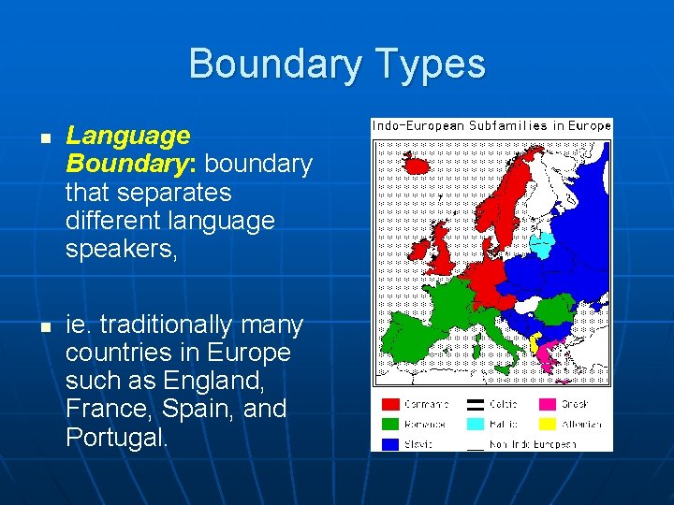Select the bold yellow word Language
tap(127, 137)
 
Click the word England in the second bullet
tap(212, 382)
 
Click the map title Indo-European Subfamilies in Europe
tap(491, 125)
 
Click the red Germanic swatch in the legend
tap(390, 405)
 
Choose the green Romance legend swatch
tap(390, 425)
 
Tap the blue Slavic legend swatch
tap(390, 444)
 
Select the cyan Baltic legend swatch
tap(476, 425)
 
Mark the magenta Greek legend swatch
tap(547, 405)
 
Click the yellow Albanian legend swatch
tap(547, 425)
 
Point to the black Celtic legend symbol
tap(476, 405)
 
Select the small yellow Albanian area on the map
tap(535, 343)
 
